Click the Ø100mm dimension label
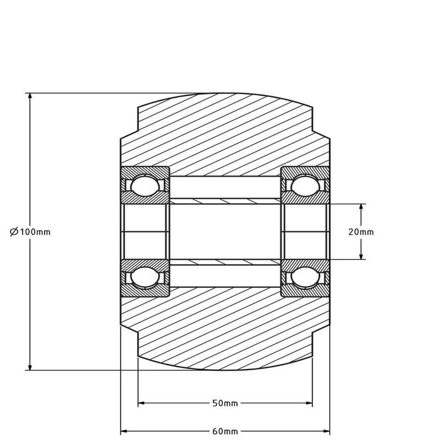30,232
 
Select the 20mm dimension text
361,231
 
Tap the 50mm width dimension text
226,403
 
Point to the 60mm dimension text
226,431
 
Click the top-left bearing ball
145,185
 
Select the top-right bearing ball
305,185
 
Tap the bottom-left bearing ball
145,277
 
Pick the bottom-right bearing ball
305,277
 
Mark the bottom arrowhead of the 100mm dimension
29,366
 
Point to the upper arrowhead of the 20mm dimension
361,208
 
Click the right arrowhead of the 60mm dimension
326,431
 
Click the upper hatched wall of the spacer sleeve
225,201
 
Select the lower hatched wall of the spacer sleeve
225,261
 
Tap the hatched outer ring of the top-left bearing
145,171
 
